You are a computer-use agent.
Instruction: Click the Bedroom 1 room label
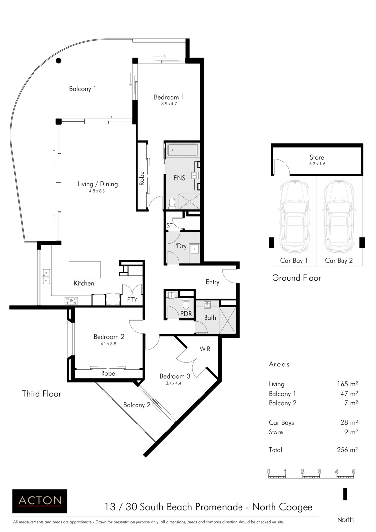point(169,97)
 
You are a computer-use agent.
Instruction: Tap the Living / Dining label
point(98,184)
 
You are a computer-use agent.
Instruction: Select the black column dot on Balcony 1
point(58,61)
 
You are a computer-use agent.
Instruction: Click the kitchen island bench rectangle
point(85,269)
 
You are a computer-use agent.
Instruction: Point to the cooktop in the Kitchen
point(71,299)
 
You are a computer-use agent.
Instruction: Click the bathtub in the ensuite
point(181,150)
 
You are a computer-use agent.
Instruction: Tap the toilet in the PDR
point(186,301)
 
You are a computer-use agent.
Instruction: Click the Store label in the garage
point(317,158)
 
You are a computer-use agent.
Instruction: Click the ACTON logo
point(39,501)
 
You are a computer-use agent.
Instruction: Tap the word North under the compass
point(345,519)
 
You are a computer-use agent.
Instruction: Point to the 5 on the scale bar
point(353,472)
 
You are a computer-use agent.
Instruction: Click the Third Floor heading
point(41,394)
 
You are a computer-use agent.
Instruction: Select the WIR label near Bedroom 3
point(205,349)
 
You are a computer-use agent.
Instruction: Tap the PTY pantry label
point(132,299)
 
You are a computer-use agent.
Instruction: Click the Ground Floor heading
point(297,278)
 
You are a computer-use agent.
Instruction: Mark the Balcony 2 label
point(137,405)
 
